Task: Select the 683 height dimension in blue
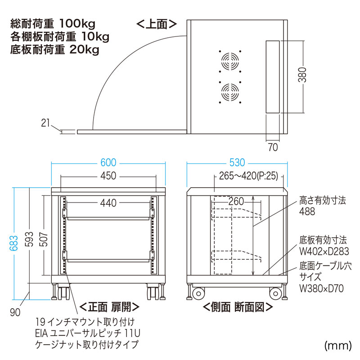[15, 243]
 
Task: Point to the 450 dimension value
[108, 176]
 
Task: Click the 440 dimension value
[108, 203]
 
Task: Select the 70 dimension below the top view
[273, 147]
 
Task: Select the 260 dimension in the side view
[237, 201]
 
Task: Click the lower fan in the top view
[229, 92]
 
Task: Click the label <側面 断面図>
[237, 307]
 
